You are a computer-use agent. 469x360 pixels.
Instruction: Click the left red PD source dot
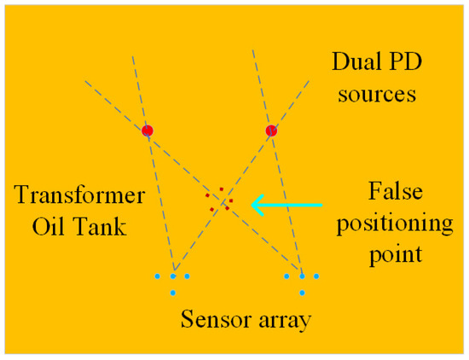point(148,131)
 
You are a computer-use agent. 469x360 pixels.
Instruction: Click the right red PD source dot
point(271,131)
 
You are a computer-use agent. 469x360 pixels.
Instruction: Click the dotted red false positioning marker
point(218,200)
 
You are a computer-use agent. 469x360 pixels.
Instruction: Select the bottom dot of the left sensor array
point(172,293)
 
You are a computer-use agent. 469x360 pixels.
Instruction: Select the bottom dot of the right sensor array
point(302,293)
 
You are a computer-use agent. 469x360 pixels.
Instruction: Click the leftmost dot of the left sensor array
point(158,276)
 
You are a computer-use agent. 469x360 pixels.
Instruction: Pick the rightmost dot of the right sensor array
point(316,276)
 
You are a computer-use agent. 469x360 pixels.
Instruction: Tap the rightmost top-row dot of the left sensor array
point(187,276)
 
